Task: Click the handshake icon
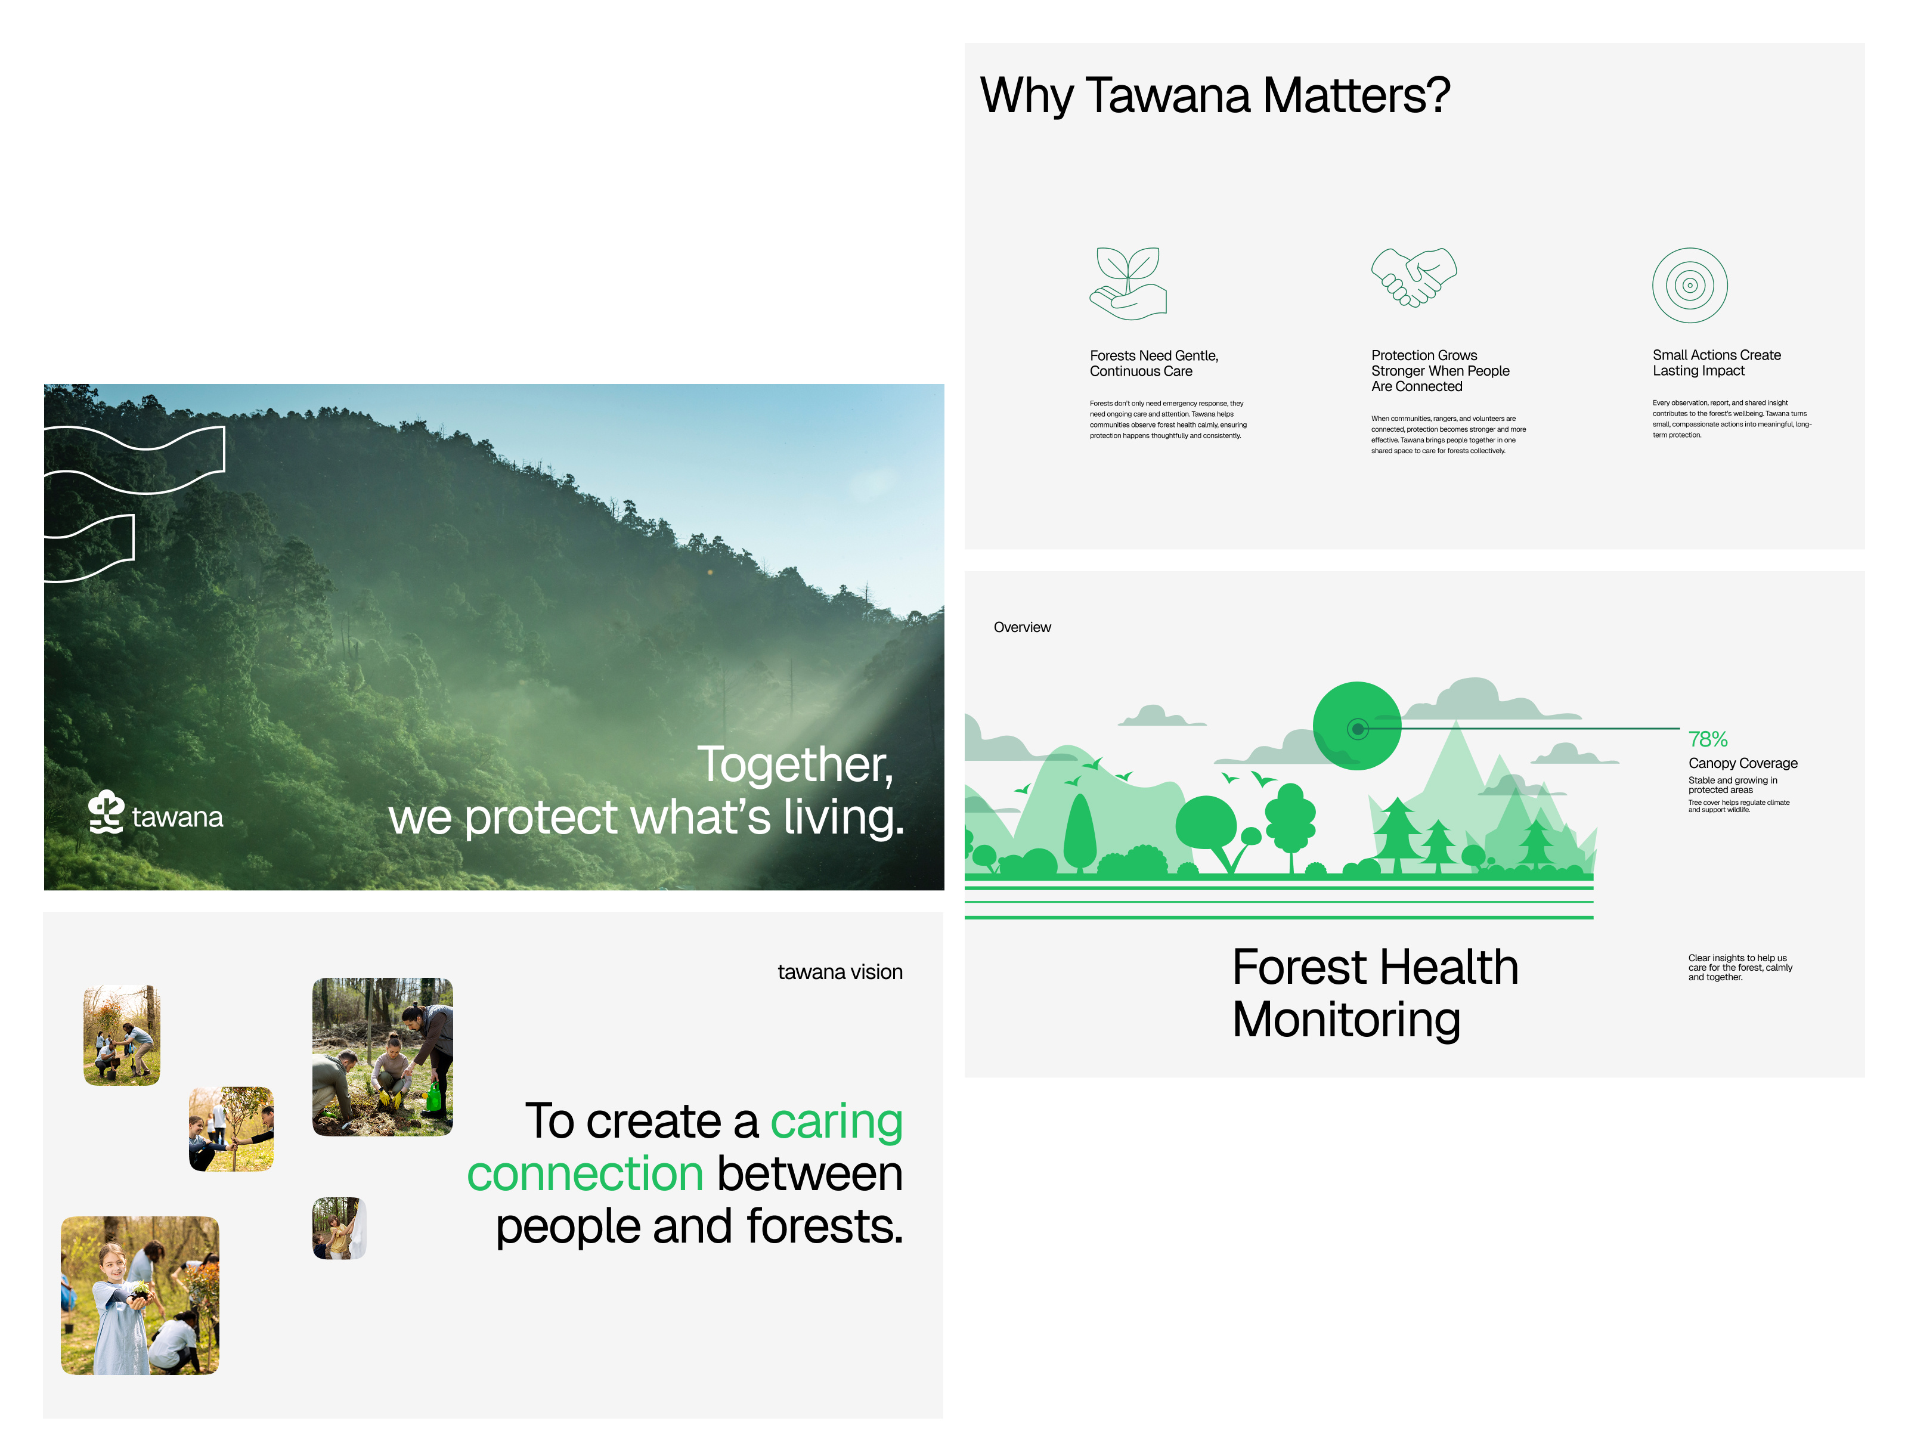[x=1413, y=277]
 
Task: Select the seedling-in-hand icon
[x=1128, y=284]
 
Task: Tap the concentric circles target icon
[x=1689, y=286]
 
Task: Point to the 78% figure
[x=1707, y=739]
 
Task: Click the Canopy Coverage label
[x=1742, y=763]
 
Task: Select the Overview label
[x=1021, y=627]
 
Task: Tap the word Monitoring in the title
[x=1346, y=1020]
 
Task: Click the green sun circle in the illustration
[x=1357, y=726]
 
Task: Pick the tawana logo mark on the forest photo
[x=106, y=811]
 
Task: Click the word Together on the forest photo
[x=794, y=765]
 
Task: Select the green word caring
[x=836, y=1122]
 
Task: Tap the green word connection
[x=585, y=1174]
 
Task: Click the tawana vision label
[x=840, y=972]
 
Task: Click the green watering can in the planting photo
[x=434, y=1097]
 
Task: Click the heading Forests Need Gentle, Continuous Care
[x=1153, y=363]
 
